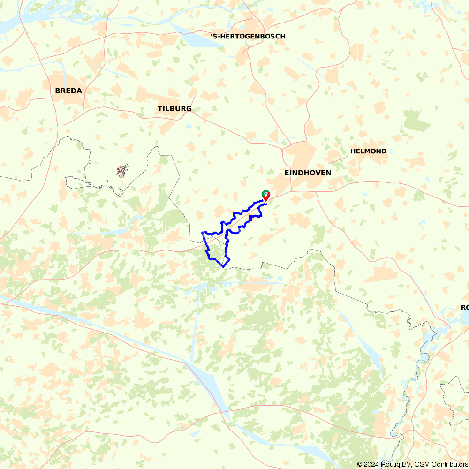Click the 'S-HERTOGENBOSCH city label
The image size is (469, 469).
pyautogui.click(x=248, y=36)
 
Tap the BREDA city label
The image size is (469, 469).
pyautogui.click(x=68, y=91)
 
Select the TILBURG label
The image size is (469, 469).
pyautogui.click(x=174, y=109)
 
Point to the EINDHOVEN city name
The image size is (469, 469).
pyautogui.click(x=308, y=173)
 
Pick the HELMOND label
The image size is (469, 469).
pyautogui.click(x=368, y=151)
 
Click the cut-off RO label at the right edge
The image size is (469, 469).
pyautogui.click(x=464, y=307)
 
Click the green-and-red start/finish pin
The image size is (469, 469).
pyautogui.click(x=266, y=196)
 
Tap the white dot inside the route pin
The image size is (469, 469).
pyautogui.click(x=266, y=194)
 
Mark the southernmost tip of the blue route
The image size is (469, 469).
pyautogui.click(x=224, y=266)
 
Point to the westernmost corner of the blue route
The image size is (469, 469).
pyautogui.click(x=202, y=232)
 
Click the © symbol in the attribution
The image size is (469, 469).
pyautogui.click(x=360, y=464)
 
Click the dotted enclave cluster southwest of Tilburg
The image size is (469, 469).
pyautogui.click(x=122, y=171)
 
